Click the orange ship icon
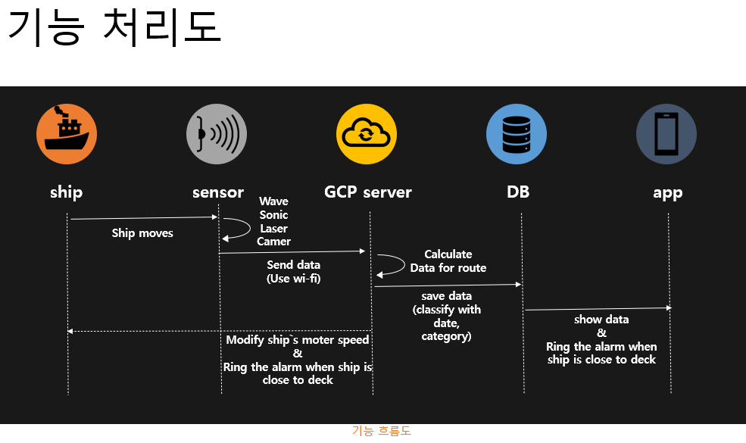pyautogui.click(x=67, y=134)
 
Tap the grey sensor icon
pyautogui.click(x=217, y=134)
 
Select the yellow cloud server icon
pyautogui.click(x=367, y=134)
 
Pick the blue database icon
pyautogui.click(x=517, y=134)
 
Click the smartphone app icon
pyautogui.click(x=666, y=134)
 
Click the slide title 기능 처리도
pyautogui.click(x=114, y=28)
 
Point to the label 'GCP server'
pyautogui.click(x=368, y=192)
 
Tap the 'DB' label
pyautogui.click(x=518, y=192)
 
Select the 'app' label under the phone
pyautogui.click(x=667, y=192)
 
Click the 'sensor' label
pyautogui.click(x=218, y=192)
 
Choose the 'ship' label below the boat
pyautogui.click(x=67, y=192)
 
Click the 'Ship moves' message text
pyautogui.click(x=142, y=233)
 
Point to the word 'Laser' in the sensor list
pyautogui.click(x=274, y=228)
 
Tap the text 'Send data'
pyautogui.click(x=293, y=265)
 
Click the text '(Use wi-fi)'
pyautogui.click(x=293, y=278)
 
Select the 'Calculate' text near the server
pyautogui.click(x=448, y=254)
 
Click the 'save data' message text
pyautogui.click(x=447, y=296)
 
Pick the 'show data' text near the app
pyautogui.click(x=601, y=320)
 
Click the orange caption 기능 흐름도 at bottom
pyautogui.click(x=382, y=431)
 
